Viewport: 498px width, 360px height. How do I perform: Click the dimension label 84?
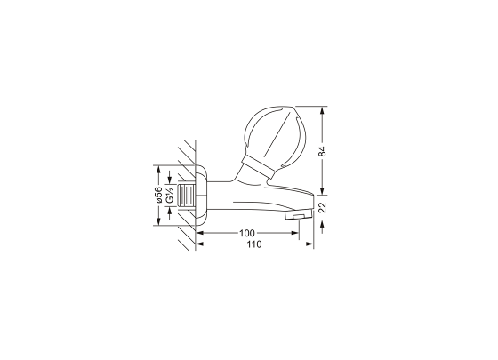pos(322,151)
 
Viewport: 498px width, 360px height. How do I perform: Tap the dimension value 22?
pos(322,207)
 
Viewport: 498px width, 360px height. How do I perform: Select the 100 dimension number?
pos(247,233)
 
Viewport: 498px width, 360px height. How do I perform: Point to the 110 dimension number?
pos(254,244)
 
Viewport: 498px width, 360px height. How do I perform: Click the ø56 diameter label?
pos(158,195)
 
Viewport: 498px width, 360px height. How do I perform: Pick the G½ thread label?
pos(170,195)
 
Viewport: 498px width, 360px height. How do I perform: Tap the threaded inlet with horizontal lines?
pos(187,196)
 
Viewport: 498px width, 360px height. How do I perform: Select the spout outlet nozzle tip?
pos(299,215)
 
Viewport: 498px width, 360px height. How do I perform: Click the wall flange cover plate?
pos(202,196)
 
